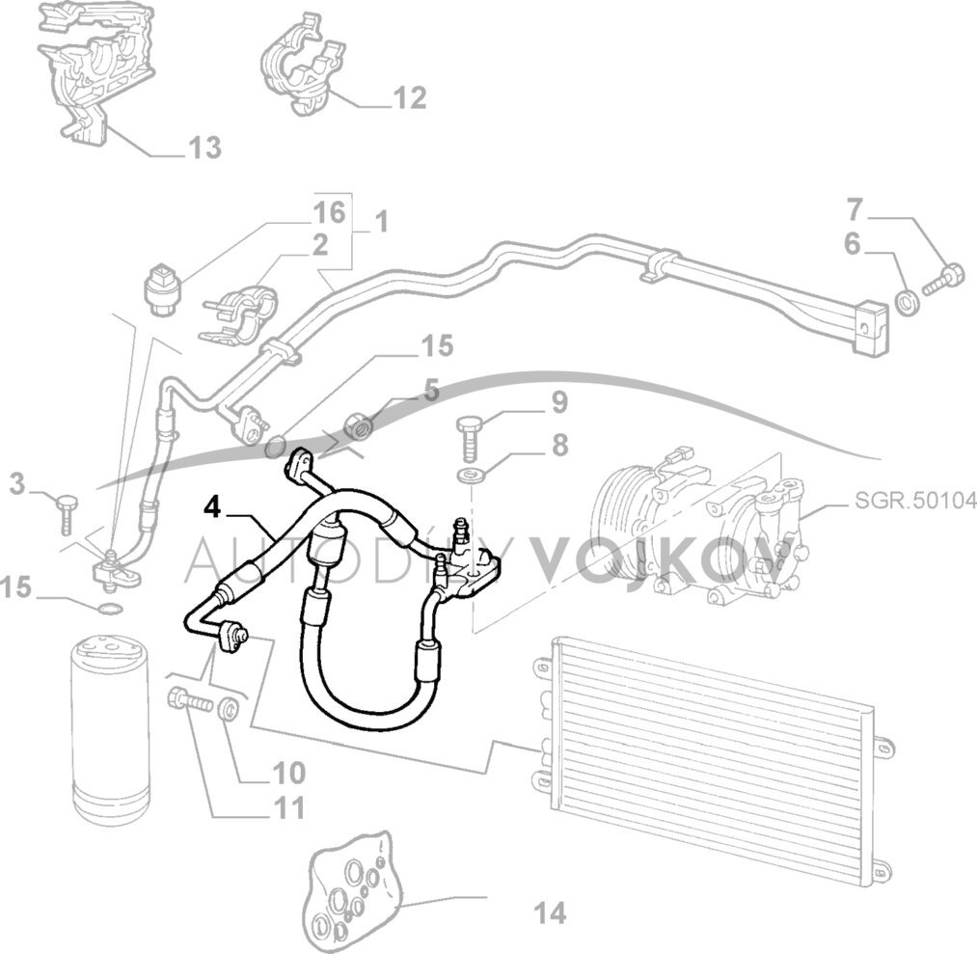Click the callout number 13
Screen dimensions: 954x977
[x=204, y=148]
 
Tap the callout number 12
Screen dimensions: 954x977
[x=408, y=97]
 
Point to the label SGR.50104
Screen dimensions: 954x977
[x=915, y=501]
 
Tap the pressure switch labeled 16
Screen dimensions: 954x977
[x=161, y=286]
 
